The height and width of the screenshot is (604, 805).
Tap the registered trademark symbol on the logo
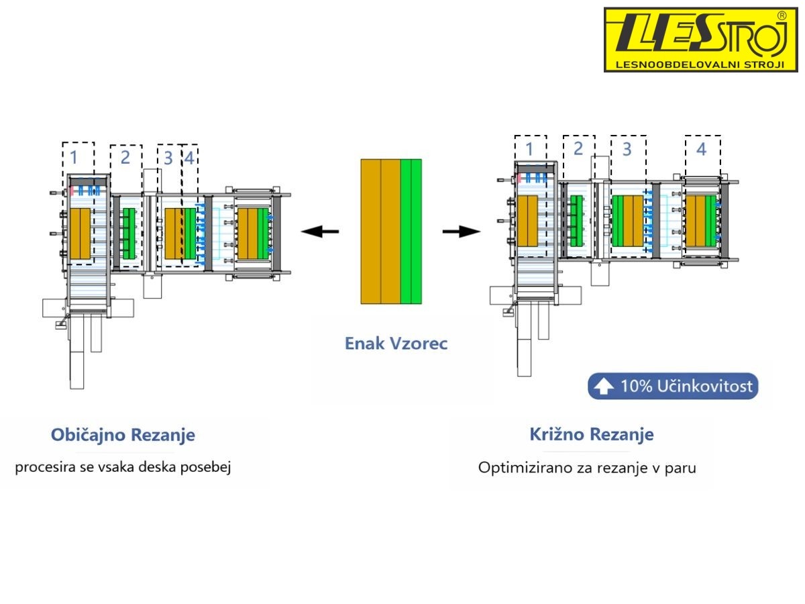click(781, 15)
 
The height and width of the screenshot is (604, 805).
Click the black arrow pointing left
click(319, 232)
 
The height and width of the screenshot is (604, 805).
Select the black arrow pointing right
click(461, 232)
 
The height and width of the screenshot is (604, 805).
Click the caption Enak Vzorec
click(396, 344)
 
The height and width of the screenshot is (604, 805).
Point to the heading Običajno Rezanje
click(123, 435)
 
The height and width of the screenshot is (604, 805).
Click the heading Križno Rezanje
click(591, 435)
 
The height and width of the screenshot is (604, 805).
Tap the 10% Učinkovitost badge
click(673, 387)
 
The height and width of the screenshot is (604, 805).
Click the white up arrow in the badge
click(604, 387)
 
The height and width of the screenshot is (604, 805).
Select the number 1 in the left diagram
click(74, 158)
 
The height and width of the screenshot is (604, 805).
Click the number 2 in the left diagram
click(125, 158)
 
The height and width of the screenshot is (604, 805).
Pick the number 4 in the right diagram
click(701, 150)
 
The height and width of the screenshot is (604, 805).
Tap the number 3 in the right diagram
click(627, 150)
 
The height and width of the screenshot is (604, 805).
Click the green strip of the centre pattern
click(411, 232)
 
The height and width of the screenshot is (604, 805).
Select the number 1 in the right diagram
click(529, 150)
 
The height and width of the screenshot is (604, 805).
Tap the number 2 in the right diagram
click(578, 150)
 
